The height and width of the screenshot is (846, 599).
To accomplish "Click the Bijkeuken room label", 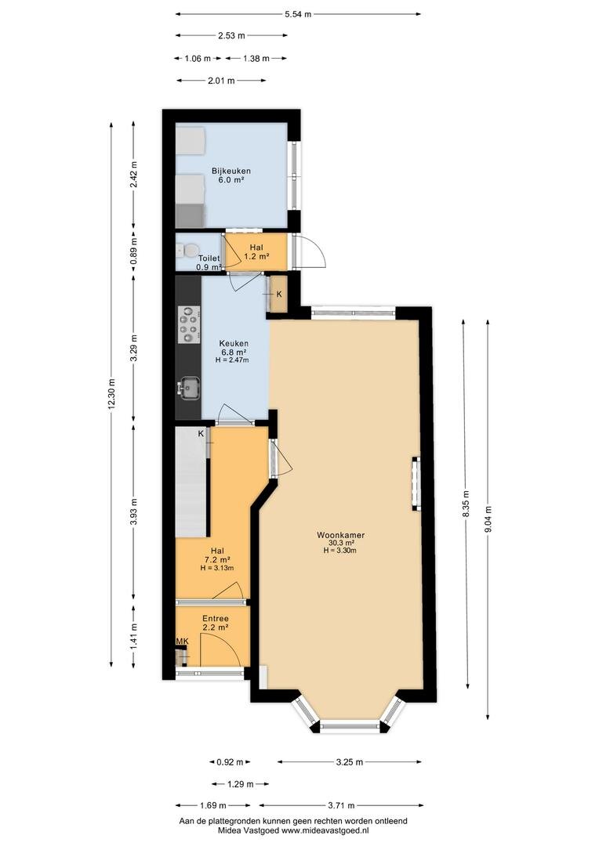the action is click(231, 172).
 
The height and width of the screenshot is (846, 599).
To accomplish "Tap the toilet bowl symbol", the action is click(187, 251).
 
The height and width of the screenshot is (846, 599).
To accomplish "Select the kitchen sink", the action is click(188, 388).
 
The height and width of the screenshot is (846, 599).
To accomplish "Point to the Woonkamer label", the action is click(340, 535).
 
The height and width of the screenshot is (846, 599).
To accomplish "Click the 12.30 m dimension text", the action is click(112, 395).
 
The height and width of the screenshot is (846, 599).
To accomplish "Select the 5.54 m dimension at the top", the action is click(298, 15).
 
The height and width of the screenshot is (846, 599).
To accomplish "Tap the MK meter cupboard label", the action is click(183, 641).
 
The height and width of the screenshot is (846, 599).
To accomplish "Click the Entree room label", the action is click(216, 619).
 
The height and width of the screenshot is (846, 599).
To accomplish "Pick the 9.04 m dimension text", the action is click(488, 520).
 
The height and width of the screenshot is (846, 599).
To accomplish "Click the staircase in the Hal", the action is click(192, 482).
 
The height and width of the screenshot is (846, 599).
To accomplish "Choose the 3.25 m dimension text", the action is click(350, 762).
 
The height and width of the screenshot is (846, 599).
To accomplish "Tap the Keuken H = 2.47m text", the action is click(232, 360).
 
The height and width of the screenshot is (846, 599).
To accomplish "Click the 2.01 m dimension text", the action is click(221, 81).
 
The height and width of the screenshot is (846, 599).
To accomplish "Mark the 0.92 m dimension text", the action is click(230, 762).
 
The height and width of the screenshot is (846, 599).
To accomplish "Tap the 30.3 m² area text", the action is click(341, 544).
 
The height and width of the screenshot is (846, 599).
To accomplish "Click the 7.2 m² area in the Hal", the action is click(218, 559).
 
